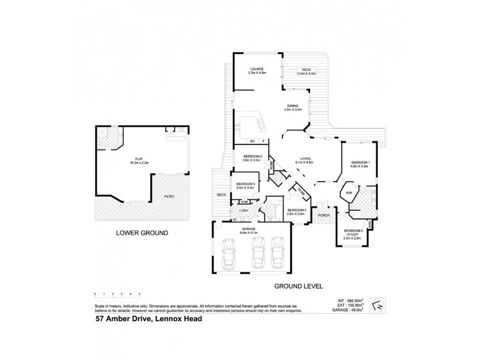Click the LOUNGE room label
[257, 70]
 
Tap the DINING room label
[292, 107]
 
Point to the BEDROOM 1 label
[361, 163]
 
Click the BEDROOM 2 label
[252, 157]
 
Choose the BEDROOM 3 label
[245, 184]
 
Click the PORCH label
[324, 215]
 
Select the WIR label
[348, 193]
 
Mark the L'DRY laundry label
[244, 211]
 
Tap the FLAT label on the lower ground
[127, 159]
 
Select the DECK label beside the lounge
[306, 70]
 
